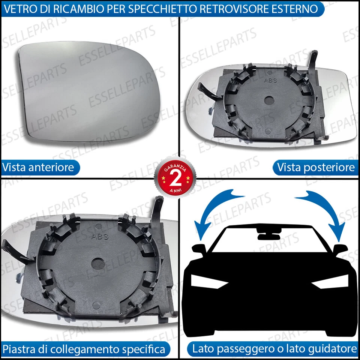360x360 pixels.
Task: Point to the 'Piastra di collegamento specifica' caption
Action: (83, 349)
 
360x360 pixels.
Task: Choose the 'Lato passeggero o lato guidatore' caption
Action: (274, 349)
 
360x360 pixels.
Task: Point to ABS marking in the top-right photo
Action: (269, 80)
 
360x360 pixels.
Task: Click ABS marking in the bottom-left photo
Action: (100, 237)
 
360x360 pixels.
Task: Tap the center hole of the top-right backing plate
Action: (269, 100)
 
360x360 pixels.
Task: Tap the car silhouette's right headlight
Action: (331, 280)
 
